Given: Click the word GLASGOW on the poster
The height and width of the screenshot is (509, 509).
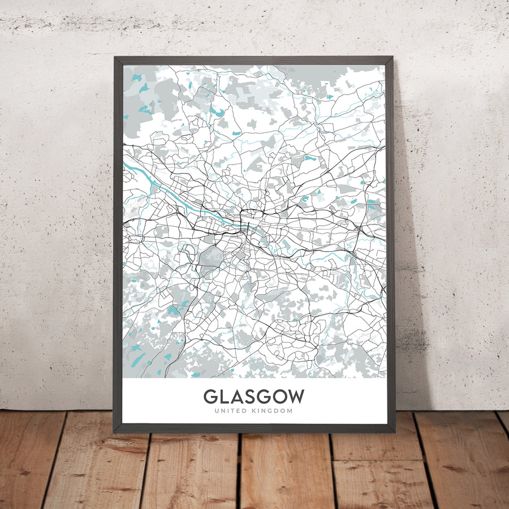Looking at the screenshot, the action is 254,396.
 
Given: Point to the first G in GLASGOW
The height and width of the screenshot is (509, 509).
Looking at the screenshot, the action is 210,396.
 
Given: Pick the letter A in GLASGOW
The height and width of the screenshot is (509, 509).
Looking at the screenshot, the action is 237,396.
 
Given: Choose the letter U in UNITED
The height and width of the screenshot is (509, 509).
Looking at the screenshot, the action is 217,411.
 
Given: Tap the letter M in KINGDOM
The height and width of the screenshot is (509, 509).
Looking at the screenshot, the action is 290,411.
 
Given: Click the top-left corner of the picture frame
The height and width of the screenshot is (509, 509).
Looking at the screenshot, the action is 115,57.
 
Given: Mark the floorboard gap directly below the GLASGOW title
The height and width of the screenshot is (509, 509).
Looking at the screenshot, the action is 240,469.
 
